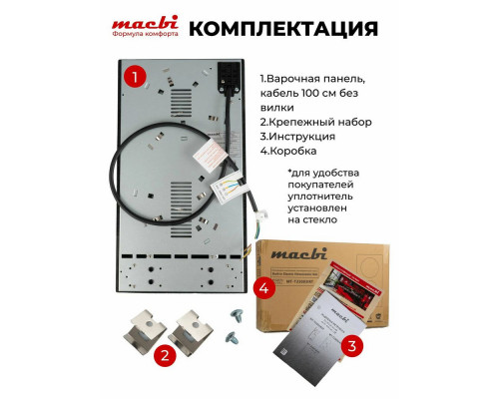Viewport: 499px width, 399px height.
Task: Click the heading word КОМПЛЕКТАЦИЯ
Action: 269,27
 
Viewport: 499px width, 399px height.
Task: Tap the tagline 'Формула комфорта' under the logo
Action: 146,35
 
